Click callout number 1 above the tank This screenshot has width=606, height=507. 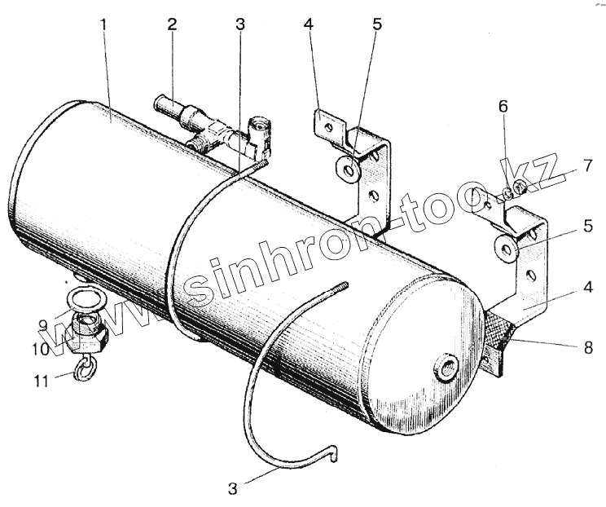click(104, 24)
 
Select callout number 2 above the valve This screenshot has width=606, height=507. click(172, 24)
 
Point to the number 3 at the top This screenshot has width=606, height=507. click(239, 24)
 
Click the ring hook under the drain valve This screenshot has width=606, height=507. click(83, 371)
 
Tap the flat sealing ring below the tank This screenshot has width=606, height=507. click(84, 298)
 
